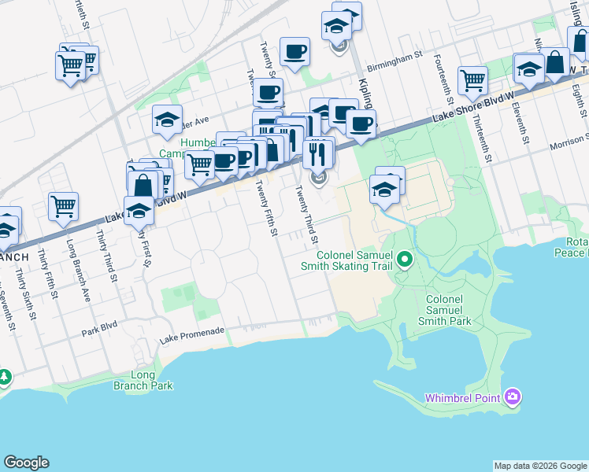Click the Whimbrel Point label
pyautogui.click(x=462, y=398)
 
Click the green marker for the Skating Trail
pyautogui.click(x=405, y=258)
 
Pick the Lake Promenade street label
pyautogui.click(x=192, y=335)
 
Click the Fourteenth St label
pyautogui.click(x=444, y=83)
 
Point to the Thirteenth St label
pyautogui.click(x=482, y=139)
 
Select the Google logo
pyautogui.click(x=26, y=463)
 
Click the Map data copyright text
pyautogui.click(x=539, y=466)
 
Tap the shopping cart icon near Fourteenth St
pyautogui.click(x=472, y=79)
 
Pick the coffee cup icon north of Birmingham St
pyautogui.click(x=294, y=52)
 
